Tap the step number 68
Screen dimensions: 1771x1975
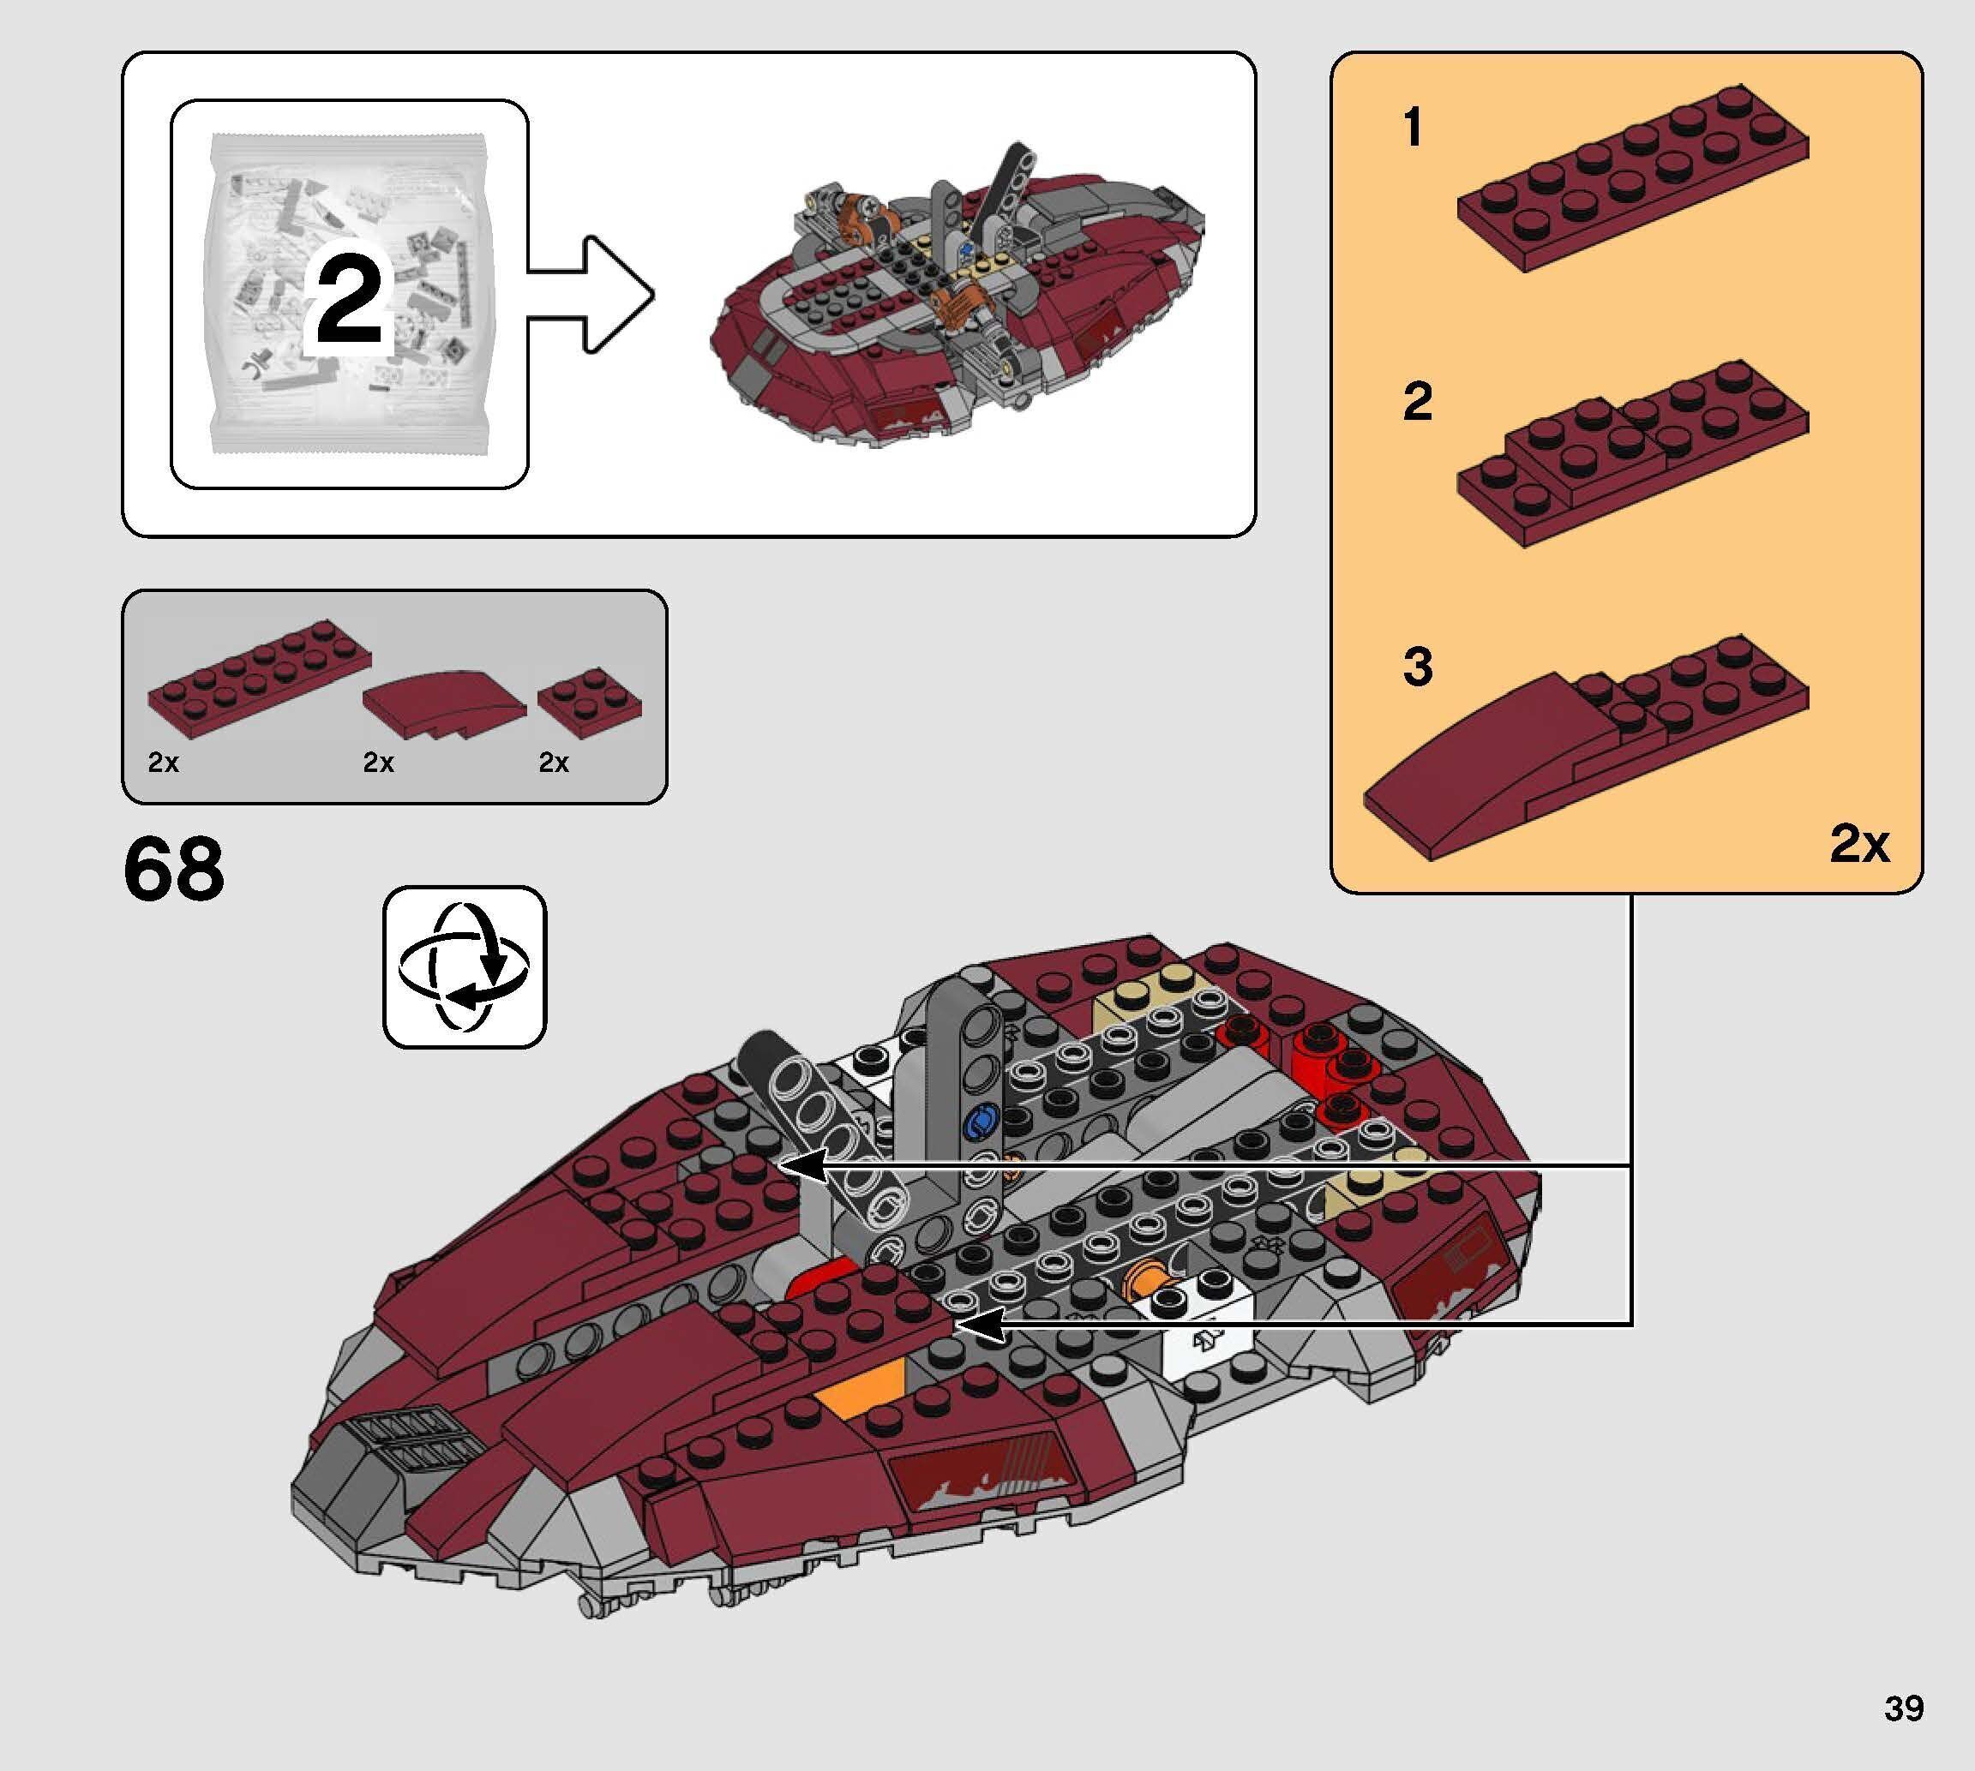pyautogui.click(x=174, y=868)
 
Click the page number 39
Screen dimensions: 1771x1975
pyautogui.click(x=1903, y=1708)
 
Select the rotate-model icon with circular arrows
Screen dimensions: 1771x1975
pyautogui.click(x=465, y=966)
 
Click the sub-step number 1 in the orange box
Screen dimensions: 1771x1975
pyautogui.click(x=1413, y=129)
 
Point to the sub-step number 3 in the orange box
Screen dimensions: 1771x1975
pyautogui.click(x=1417, y=667)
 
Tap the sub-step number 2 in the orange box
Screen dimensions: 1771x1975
pyautogui.click(x=1417, y=402)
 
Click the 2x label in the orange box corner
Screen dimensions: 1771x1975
pyautogui.click(x=1858, y=843)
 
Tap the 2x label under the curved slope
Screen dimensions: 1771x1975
pyautogui.click(x=378, y=763)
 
